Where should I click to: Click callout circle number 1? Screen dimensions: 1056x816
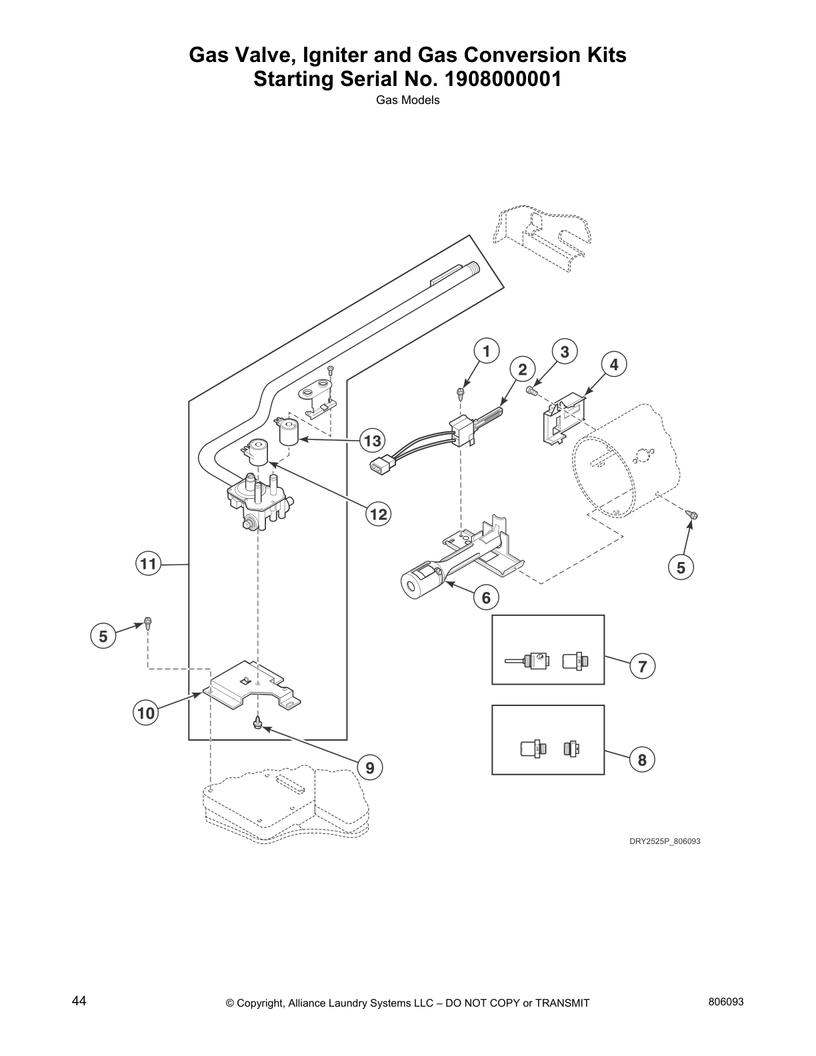click(486, 351)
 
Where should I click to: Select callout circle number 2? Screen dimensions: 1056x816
click(523, 369)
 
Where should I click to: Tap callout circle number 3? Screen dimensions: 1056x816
click(565, 351)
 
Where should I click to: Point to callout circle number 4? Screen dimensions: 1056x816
click(614, 364)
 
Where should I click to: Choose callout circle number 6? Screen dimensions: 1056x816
click(486, 598)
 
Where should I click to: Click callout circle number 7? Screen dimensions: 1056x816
click(642, 666)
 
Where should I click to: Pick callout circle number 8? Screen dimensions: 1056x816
click(642, 759)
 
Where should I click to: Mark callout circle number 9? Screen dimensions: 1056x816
click(370, 767)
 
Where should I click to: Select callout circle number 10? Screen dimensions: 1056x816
click(145, 713)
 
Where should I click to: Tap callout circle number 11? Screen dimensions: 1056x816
click(147, 565)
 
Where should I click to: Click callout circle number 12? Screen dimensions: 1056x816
click(378, 514)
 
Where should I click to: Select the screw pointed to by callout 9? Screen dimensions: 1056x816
click(257, 723)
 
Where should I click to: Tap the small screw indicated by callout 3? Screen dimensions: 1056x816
click(531, 390)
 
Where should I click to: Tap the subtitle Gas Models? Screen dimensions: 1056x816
click(407, 101)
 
